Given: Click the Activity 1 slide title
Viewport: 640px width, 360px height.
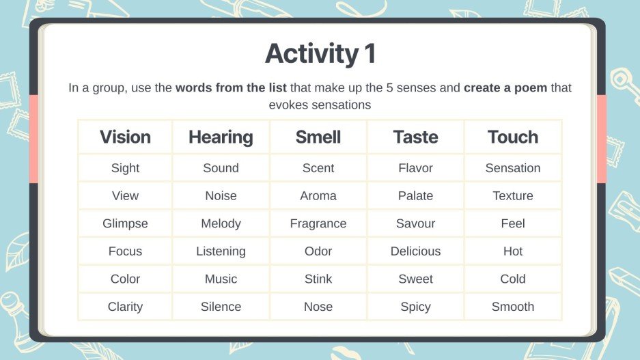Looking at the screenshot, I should (320, 54).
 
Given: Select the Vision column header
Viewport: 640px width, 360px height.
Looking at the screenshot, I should (125, 137).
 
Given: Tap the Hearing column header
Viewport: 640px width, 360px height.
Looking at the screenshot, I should (221, 137).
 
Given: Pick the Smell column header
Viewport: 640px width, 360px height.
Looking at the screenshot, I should (318, 137).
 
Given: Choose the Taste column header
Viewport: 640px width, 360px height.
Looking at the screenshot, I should (415, 137).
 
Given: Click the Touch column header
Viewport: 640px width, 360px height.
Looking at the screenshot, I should (513, 137).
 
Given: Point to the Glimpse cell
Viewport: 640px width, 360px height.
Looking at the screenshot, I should (125, 223).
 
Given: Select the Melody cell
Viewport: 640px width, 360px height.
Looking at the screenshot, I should (221, 223).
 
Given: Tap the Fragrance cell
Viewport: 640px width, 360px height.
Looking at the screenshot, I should (318, 223).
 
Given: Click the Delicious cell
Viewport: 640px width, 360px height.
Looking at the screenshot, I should (415, 251).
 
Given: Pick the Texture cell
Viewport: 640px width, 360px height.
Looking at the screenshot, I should (513, 196).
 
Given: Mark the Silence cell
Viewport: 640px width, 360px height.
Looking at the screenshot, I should (221, 307).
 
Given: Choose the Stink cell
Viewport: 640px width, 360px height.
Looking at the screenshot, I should (318, 279).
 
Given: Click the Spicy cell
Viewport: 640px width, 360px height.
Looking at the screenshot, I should (415, 307).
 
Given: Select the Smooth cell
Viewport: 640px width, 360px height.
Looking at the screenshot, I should (513, 307).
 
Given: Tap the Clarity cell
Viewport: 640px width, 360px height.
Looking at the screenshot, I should (125, 307).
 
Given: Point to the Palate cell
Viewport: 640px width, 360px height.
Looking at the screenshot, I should (415, 196).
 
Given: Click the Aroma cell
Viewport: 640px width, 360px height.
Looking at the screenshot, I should (318, 196).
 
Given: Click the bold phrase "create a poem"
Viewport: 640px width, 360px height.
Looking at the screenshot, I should (505, 88).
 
